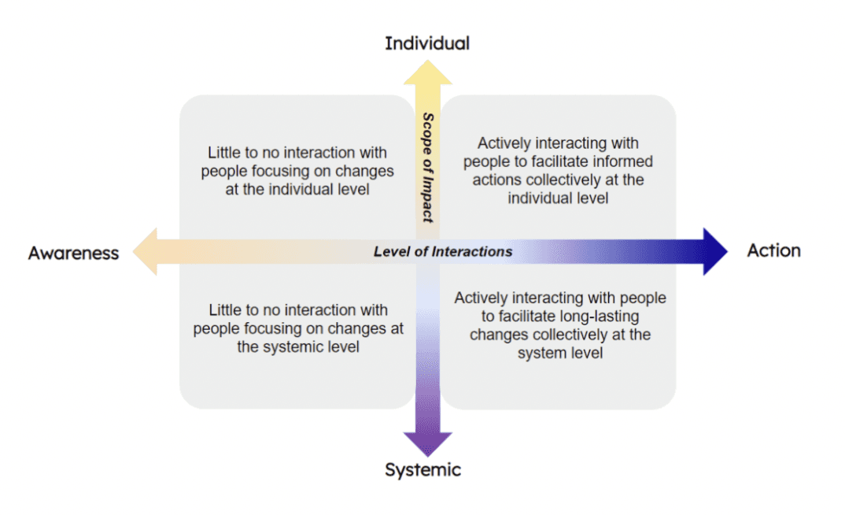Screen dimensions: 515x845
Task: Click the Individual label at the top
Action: point(426,43)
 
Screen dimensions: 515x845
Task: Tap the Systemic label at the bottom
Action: point(422,470)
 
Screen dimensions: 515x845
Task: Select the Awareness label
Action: point(73,253)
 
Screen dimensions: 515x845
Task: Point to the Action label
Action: point(773,250)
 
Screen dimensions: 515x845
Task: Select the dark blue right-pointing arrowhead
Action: point(714,251)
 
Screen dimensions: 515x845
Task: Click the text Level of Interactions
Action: point(443,251)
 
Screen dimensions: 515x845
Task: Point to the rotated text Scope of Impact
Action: point(428,167)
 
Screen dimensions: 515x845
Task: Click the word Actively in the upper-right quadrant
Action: point(504,143)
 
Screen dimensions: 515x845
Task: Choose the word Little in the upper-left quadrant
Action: point(225,152)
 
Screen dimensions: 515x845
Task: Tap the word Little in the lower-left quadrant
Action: point(226,310)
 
